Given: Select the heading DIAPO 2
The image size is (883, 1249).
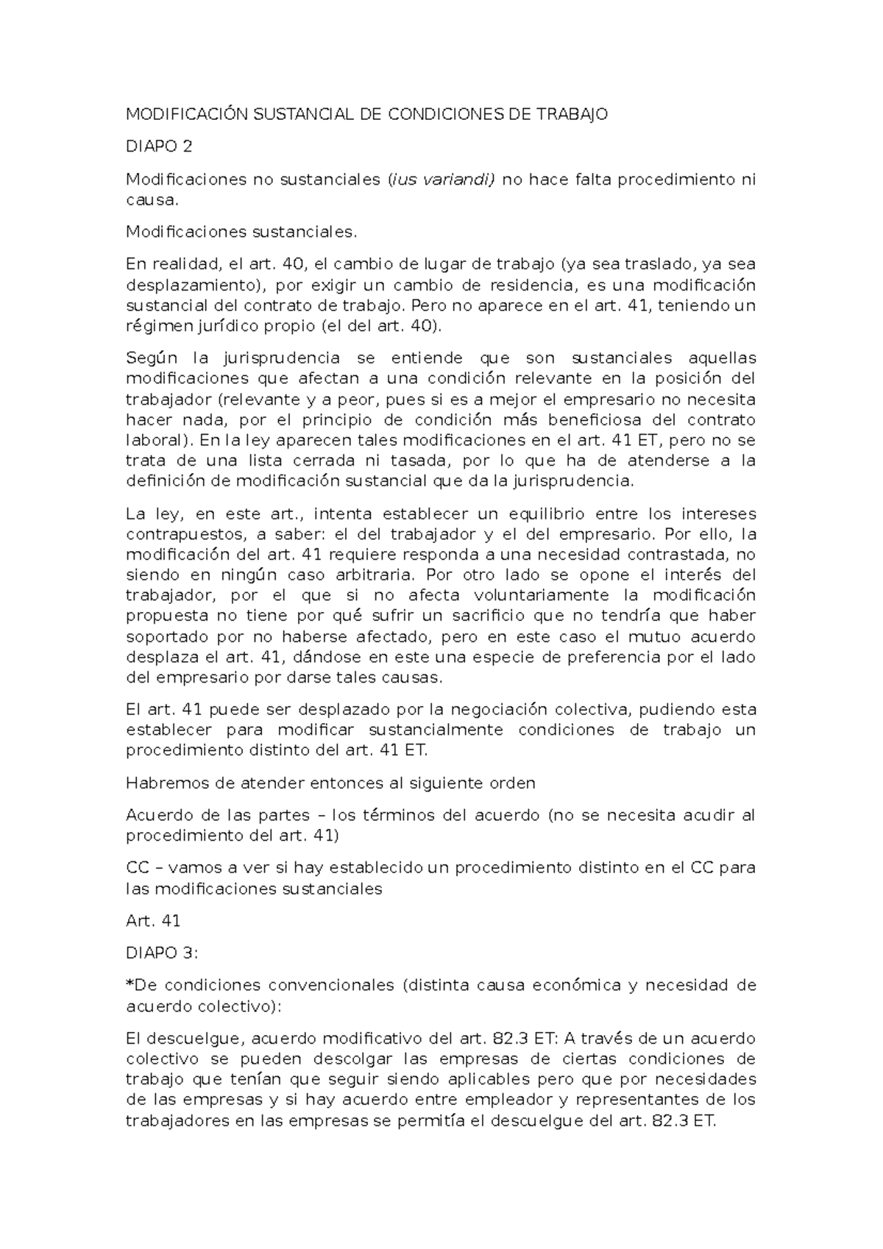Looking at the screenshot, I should pos(159,146).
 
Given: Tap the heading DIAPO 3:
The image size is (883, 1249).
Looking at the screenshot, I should pos(162,953).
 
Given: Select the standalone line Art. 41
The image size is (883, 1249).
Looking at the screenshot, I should pos(153,920).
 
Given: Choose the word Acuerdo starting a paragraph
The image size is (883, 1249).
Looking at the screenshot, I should pos(157,815).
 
